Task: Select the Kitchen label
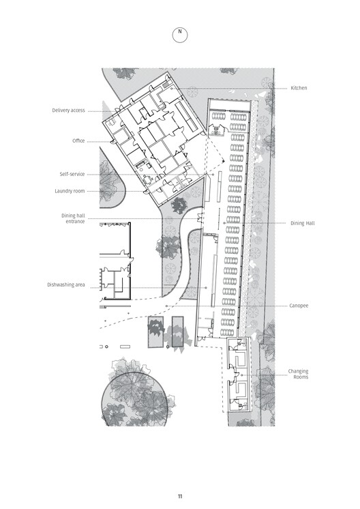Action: pyautogui.click(x=299, y=88)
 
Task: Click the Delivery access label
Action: pyautogui.click(x=68, y=110)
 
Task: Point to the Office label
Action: pyautogui.click(x=78, y=141)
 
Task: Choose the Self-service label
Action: pyautogui.click(x=73, y=175)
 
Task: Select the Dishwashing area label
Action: pyautogui.click(x=66, y=285)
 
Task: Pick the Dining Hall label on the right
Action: pyautogui.click(x=303, y=223)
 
